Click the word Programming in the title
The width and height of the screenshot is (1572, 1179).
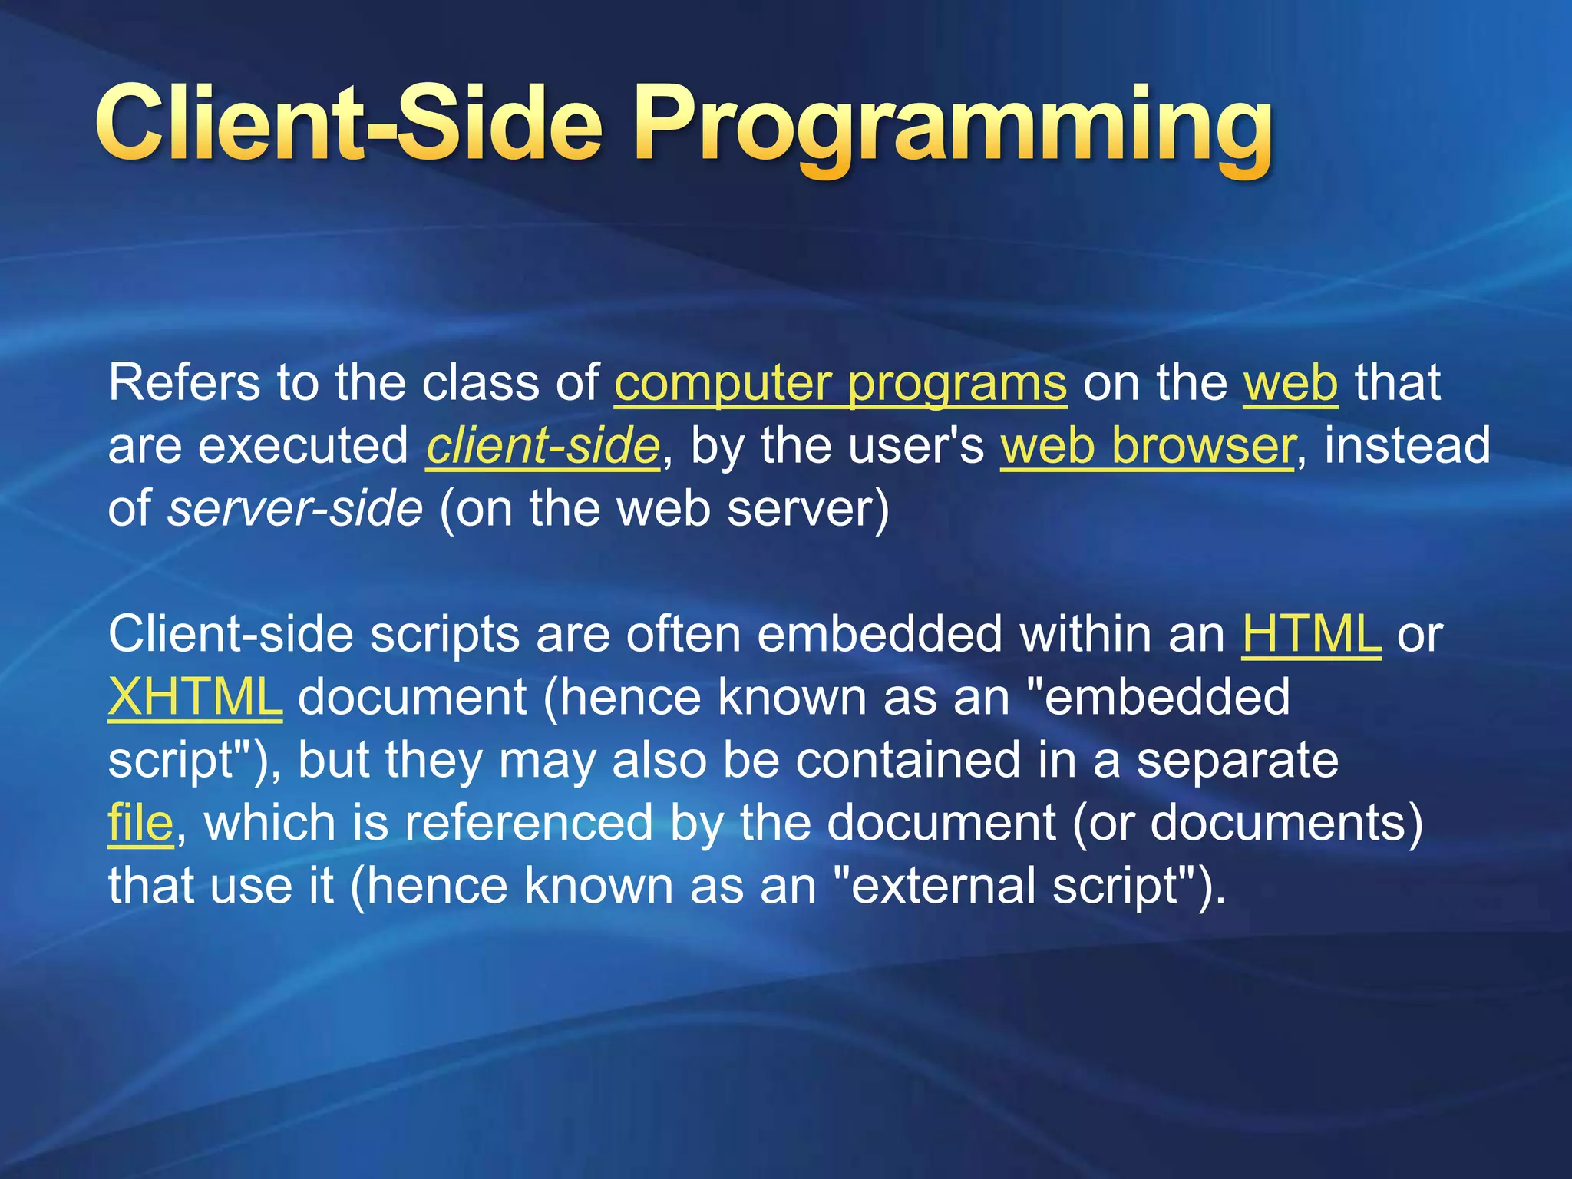(x=952, y=127)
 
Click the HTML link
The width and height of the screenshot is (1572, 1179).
(x=1311, y=634)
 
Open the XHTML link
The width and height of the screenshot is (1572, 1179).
(x=195, y=697)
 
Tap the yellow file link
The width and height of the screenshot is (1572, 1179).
(x=140, y=822)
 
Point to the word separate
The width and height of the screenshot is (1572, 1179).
(x=1237, y=760)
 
